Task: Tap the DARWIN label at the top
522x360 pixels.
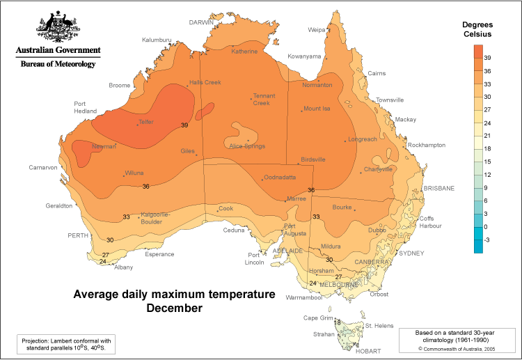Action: (201, 22)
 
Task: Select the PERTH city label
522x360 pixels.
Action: (77, 235)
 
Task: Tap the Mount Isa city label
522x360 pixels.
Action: (317, 109)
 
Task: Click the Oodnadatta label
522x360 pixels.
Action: (282, 178)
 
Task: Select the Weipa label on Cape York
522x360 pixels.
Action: (317, 30)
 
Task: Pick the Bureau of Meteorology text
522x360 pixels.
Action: (58, 63)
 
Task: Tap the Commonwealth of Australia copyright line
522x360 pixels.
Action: (455, 348)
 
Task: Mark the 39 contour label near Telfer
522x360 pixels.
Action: (184, 125)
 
